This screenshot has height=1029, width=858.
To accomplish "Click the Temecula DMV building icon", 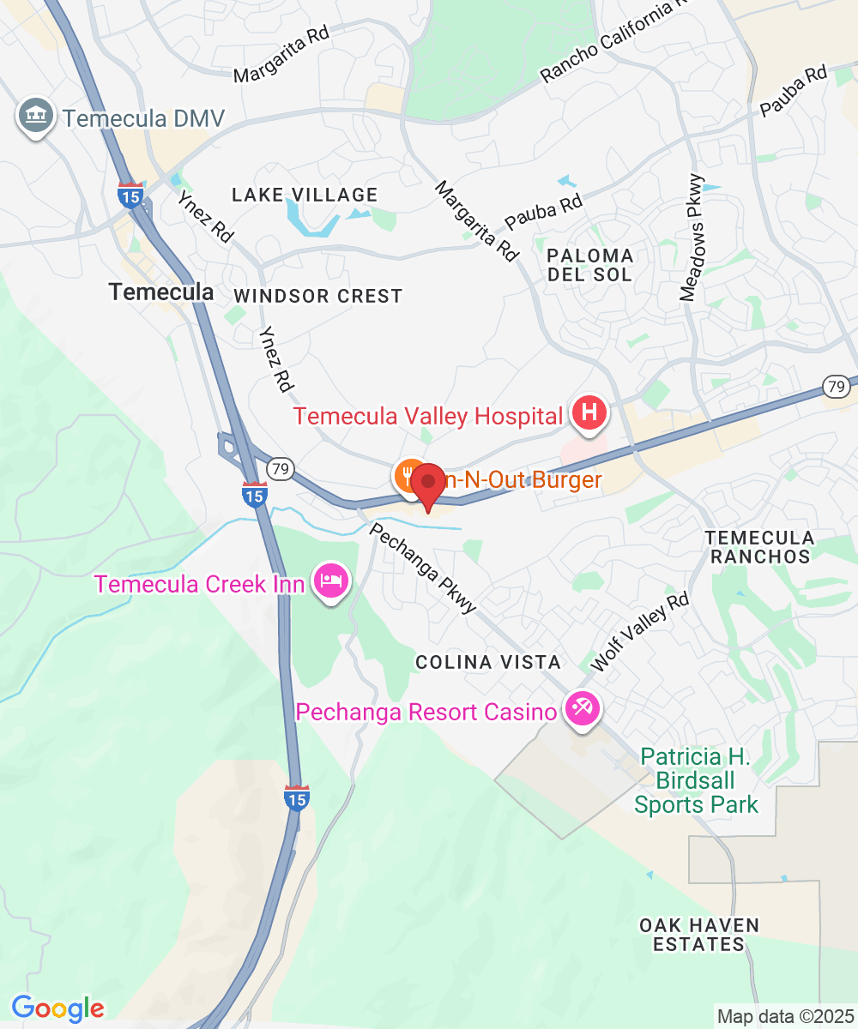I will click(35, 117).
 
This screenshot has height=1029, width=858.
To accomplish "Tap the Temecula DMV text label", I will click(143, 118).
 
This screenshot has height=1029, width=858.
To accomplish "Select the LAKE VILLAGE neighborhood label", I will click(305, 196).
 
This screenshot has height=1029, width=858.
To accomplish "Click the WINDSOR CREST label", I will click(317, 296).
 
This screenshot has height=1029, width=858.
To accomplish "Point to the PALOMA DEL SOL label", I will click(590, 265).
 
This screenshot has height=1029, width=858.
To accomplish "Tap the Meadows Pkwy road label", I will click(692, 238).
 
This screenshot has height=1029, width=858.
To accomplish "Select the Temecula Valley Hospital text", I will click(427, 417).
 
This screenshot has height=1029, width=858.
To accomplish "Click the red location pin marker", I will click(427, 486).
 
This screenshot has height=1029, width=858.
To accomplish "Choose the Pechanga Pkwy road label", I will click(422, 569).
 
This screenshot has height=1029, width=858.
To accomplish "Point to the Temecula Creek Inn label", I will click(199, 585).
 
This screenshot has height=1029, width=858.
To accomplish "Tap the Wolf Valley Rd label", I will click(640, 633).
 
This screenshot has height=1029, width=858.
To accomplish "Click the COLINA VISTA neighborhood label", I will click(488, 662).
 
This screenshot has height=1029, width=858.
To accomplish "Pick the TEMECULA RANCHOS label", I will click(758, 547).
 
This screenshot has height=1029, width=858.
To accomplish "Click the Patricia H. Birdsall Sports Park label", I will click(696, 781).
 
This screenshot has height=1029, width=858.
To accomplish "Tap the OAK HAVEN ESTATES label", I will click(699, 935).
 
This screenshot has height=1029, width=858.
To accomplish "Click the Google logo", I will click(57, 1008).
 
